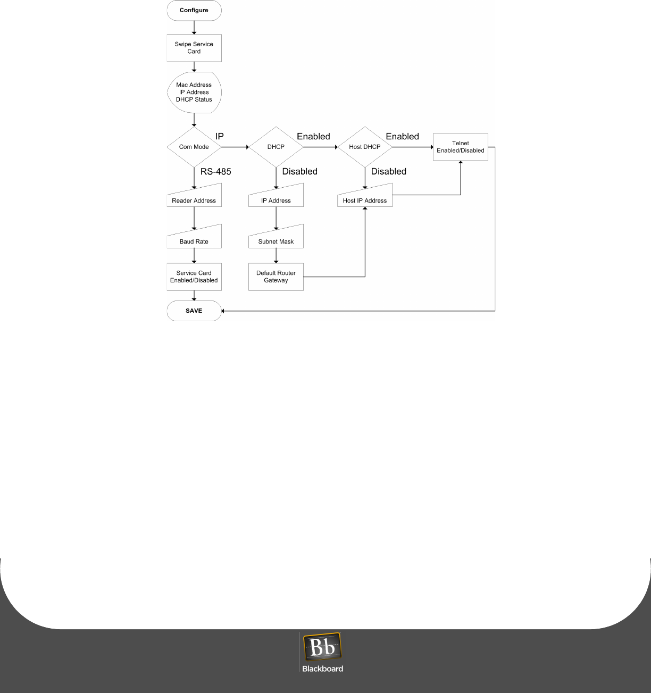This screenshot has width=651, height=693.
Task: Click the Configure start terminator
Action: click(194, 11)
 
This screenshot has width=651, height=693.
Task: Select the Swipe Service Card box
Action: click(194, 48)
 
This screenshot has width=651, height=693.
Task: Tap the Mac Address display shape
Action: click(194, 92)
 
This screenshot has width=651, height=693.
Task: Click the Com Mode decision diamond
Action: click(194, 147)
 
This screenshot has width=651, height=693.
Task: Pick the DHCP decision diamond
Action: click(276, 147)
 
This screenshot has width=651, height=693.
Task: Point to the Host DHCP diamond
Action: click(365, 147)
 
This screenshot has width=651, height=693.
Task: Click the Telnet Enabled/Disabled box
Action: click(461, 147)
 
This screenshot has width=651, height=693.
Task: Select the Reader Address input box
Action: click(194, 198)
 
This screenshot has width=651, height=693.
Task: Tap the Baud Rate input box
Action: click(194, 239)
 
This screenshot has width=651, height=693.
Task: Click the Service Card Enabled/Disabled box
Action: click(194, 277)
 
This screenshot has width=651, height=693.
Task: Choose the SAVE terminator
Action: click(194, 311)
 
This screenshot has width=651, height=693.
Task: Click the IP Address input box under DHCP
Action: click(276, 198)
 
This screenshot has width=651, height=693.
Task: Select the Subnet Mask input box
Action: click(276, 239)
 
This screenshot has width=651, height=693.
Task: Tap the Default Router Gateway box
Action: click(276, 277)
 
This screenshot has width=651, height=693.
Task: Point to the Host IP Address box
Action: click(365, 198)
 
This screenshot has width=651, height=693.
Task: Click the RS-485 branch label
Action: click(215, 171)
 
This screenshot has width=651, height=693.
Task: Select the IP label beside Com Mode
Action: click(219, 136)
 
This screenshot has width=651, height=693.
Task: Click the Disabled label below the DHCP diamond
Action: click(299, 171)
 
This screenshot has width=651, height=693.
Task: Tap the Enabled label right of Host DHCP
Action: click(402, 136)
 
